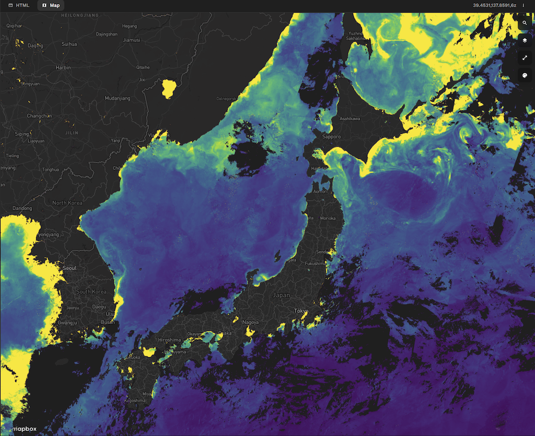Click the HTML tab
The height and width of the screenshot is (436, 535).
(19, 5)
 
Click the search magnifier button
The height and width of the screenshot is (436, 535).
(525, 23)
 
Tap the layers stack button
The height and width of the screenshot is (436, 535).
(525, 40)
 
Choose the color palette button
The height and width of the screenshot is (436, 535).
(525, 75)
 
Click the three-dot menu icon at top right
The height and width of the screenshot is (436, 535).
(523, 5)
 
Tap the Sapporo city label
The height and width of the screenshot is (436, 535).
(331, 136)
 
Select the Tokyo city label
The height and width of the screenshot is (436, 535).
(301, 311)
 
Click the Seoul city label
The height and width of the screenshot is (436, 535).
(69, 268)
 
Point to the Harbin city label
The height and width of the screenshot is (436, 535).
(63, 67)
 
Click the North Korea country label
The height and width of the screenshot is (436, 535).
(67, 203)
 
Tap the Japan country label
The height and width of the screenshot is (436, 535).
(281, 295)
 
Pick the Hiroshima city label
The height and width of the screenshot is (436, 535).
(169, 340)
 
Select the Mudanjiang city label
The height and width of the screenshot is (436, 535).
(117, 98)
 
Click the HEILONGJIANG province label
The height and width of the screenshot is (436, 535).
(80, 16)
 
